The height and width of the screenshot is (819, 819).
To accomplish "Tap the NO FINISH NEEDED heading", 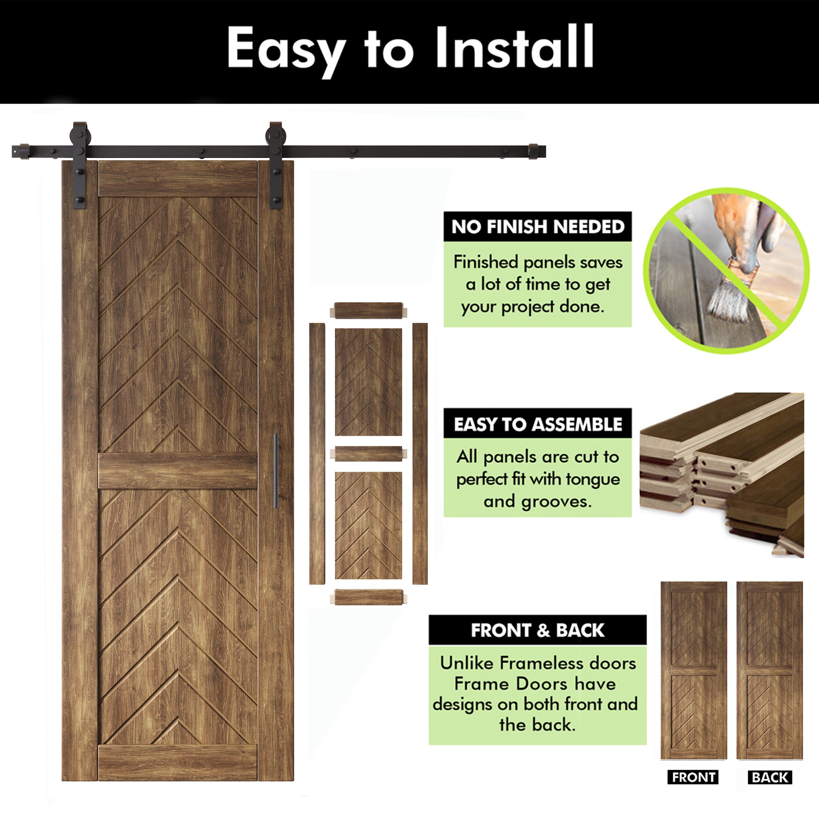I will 538,227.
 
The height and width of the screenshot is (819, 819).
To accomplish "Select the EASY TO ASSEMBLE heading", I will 538,424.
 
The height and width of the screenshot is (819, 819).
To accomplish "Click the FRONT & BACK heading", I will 538,630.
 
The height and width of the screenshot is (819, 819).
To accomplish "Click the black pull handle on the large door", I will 276,471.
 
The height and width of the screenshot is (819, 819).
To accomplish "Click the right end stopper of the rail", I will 533,152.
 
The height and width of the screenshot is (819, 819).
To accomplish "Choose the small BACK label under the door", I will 769,777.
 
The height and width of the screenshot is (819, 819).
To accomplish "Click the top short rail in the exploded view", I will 368,311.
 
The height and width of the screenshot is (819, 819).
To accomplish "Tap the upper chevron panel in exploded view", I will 368,382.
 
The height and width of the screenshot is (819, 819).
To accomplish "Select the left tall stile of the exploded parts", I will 317,454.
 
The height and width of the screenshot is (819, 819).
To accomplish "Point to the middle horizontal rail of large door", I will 178,471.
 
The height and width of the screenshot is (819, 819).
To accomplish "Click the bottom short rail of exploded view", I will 368,597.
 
